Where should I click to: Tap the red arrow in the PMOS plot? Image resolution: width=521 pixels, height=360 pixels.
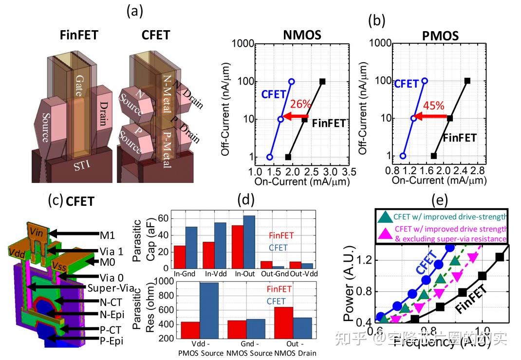[431, 116]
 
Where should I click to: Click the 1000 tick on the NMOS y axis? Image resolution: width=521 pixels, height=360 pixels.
[241, 44]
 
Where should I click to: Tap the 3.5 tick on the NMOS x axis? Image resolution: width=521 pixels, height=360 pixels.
[349, 172]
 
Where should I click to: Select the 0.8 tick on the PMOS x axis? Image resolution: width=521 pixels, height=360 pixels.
[376, 172]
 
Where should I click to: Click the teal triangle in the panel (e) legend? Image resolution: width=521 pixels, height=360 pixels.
[385, 217]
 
